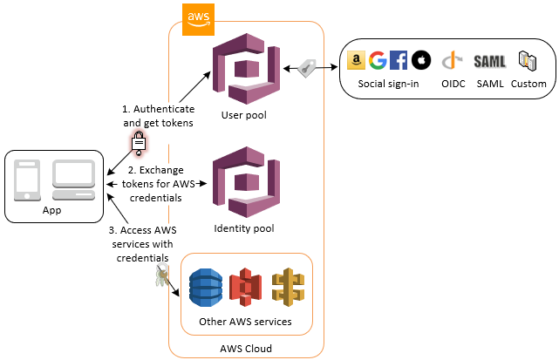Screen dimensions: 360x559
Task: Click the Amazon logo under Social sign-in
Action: pyautogui.click(x=355, y=60)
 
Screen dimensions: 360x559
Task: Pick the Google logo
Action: pyautogui.click(x=377, y=60)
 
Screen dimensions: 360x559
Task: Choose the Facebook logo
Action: pyautogui.click(x=399, y=60)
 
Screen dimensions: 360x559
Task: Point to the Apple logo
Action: pyautogui.click(x=420, y=60)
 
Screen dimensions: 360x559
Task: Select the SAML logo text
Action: pyautogui.click(x=490, y=61)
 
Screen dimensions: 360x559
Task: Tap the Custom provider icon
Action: pyautogui.click(x=528, y=60)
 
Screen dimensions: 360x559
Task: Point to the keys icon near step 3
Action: pyautogui.click(x=161, y=279)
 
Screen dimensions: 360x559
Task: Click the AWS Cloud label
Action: pyautogui.click(x=246, y=349)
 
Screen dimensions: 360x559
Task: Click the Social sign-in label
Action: pyautogui.click(x=388, y=84)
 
